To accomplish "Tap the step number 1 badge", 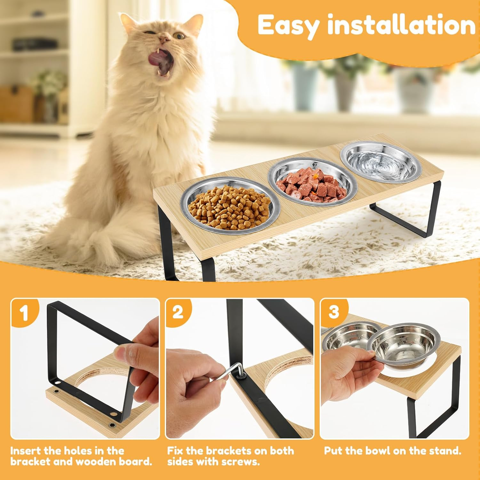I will pos(24,313).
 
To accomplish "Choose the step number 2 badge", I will pos(178,311).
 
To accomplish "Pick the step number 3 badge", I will pos(333,311).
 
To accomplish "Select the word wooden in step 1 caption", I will pos(94,462).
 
